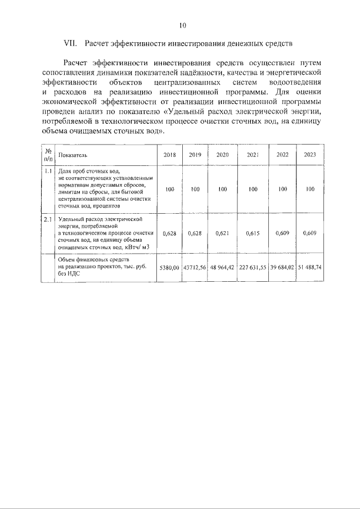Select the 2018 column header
pos(169,155)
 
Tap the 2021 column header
pos(253,155)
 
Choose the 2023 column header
pos(309,155)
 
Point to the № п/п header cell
pos(48,155)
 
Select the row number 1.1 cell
pos(48,170)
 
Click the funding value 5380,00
pos(169,267)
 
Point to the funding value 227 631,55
pos(253,267)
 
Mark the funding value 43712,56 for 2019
pos(195,267)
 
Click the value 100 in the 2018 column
pos(169,190)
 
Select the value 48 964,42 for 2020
pos(223,267)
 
